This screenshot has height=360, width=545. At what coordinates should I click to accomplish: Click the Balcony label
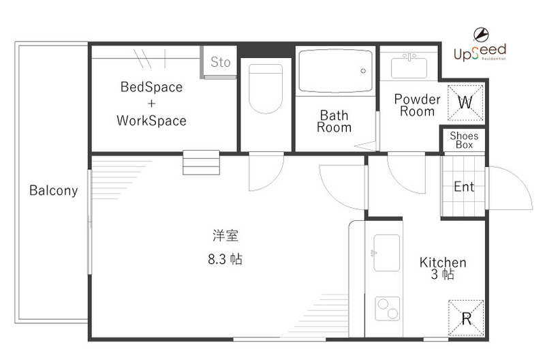click(53, 191)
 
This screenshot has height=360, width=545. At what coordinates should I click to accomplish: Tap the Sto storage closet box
click(219, 63)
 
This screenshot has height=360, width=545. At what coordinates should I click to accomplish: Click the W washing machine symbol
click(465, 103)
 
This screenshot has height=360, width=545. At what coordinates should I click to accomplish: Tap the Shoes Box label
click(464, 140)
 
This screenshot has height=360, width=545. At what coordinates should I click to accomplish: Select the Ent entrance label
click(464, 187)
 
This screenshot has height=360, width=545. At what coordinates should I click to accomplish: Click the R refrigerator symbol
click(466, 318)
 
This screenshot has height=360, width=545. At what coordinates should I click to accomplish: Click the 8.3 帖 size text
click(225, 259)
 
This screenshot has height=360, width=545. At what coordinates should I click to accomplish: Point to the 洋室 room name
click(225, 237)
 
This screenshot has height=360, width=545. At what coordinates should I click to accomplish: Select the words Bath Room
click(334, 121)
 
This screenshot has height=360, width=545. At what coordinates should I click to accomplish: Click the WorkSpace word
click(151, 121)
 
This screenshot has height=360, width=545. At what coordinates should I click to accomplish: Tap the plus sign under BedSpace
click(151, 104)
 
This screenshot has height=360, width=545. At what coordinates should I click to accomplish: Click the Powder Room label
click(417, 105)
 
